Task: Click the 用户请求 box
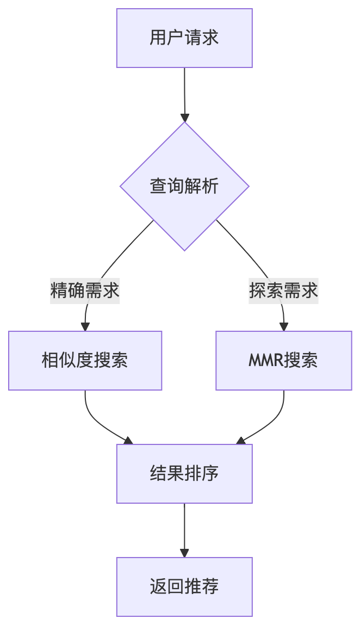[184, 38]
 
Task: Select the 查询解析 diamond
[184, 186]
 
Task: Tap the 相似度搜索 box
[85, 361]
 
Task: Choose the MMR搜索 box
[283, 361]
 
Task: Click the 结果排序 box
[184, 474]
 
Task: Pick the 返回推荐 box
[184, 587]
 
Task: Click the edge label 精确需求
[85, 290]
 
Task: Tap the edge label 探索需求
[283, 290]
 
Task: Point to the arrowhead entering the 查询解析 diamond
[184, 117]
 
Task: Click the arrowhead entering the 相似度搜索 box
[85, 327]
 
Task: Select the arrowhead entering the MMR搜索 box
[283, 327]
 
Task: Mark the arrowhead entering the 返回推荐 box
[184, 553]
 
